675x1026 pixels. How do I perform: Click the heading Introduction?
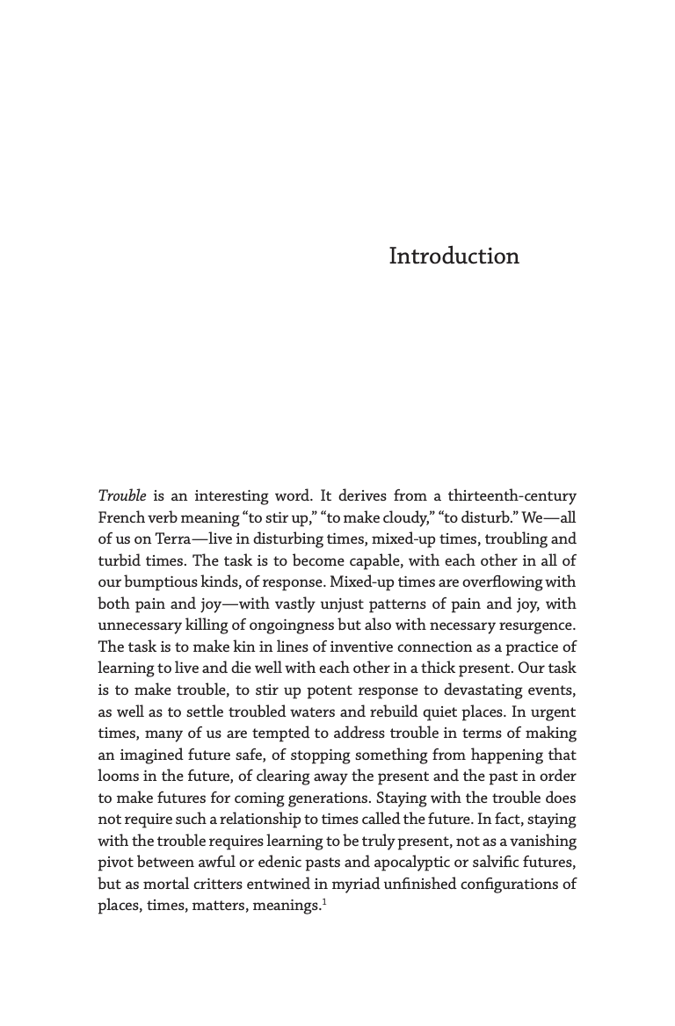[x=454, y=256]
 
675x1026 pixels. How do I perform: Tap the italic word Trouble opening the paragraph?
[x=121, y=496]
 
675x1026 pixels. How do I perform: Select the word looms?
[x=117, y=777]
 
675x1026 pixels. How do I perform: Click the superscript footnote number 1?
[x=323, y=900]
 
